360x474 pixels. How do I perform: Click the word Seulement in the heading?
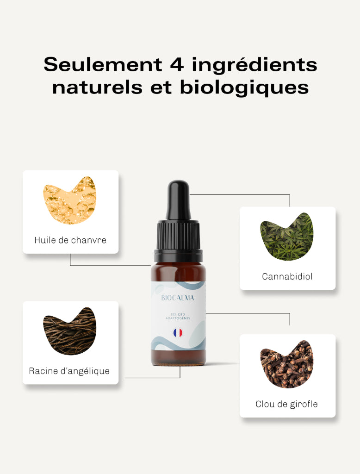[x=103, y=64]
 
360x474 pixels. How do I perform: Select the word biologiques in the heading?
[x=244, y=87]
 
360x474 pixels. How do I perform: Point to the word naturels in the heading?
[x=97, y=87]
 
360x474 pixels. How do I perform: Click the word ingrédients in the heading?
[x=254, y=65]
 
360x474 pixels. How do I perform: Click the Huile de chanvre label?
[x=70, y=240]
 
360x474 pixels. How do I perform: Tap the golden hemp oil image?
[x=70, y=200]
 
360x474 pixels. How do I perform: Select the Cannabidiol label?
[x=287, y=276]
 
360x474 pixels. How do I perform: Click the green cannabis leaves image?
[x=286, y=237]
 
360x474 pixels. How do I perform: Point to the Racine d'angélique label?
[x=69, y=371]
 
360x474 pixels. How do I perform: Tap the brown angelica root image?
[x=70, y=331]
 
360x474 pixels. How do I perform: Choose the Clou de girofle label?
[x=286, y=404]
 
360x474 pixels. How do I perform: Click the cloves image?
[x=286, y=364]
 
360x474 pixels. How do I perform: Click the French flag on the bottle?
[x=178, y=333]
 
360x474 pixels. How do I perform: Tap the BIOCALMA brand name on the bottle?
[x=178, y=298]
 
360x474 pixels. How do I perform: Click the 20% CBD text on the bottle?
[x=178, y=315]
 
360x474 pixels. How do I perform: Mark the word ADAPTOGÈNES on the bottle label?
[x=178, y=318]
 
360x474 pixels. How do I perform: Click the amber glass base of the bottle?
[x=178, y=357]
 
